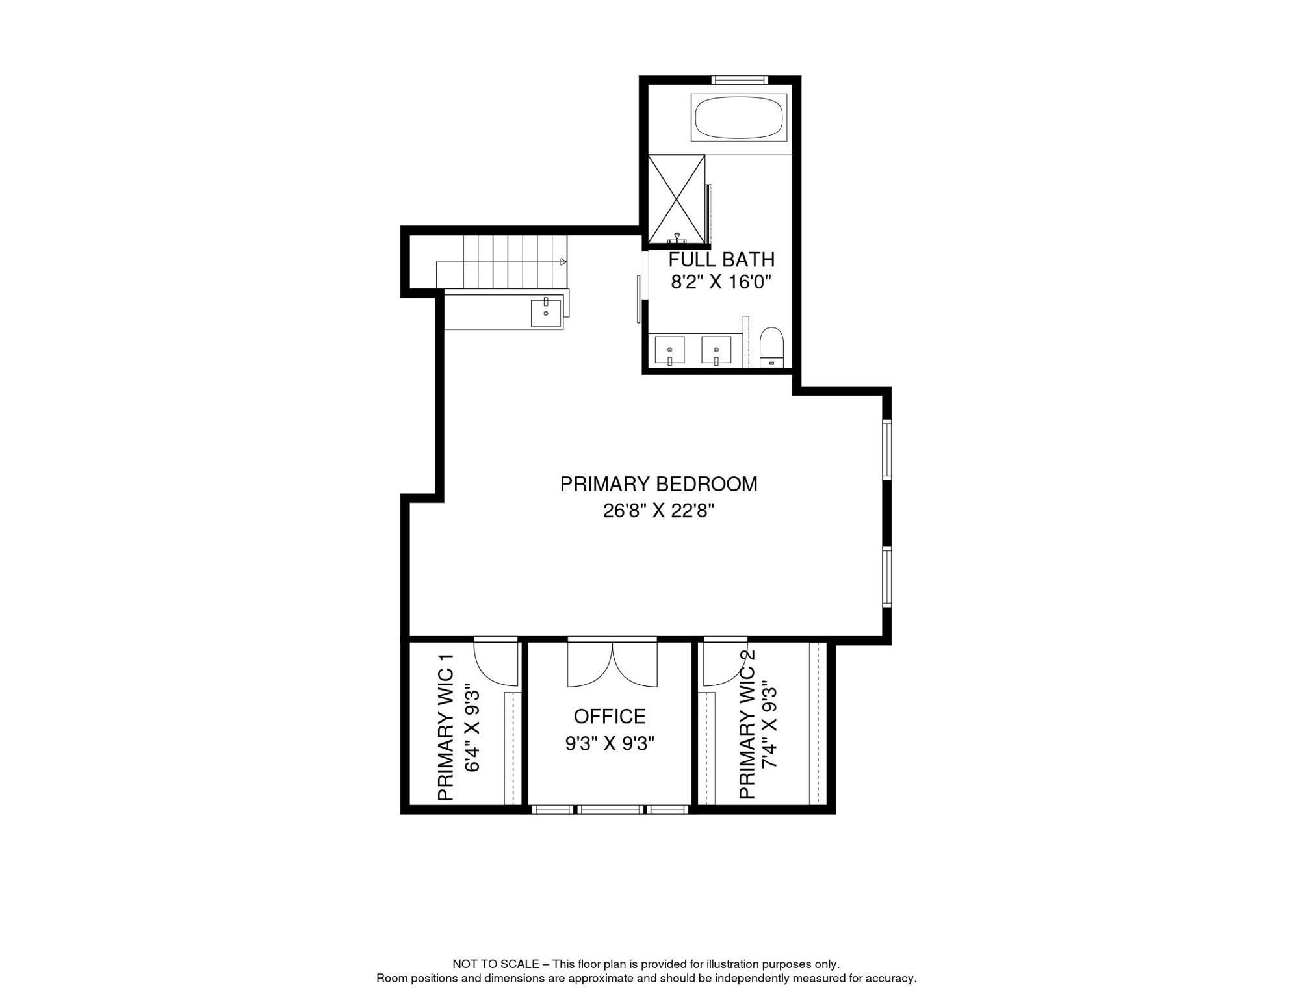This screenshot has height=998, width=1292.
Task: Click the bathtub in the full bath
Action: (x=739, y=118)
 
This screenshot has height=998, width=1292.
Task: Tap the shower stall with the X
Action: (x=677, y=199)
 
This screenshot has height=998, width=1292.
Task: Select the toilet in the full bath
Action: (x=771, y=348)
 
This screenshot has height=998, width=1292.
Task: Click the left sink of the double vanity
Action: (x=669, y=350)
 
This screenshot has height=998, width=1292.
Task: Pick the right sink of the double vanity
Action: (x=716, y=350)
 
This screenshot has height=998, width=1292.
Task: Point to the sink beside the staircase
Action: (x=546, y=313)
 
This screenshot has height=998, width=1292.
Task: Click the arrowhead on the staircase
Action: (x=563, y=262)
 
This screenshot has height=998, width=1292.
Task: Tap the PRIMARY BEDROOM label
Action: (x=658, y=484)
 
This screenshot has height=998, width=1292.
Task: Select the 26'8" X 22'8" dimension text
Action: (x=658, y=511)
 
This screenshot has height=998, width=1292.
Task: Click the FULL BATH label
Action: (x=721, y=260)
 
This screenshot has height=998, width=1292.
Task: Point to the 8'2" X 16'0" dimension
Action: (x=721, y=282)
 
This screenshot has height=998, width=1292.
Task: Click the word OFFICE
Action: (x=610, y=716)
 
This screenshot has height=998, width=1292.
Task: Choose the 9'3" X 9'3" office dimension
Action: (x=610, y=743)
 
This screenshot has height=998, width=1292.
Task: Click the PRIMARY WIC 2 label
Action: (x=747, y=724)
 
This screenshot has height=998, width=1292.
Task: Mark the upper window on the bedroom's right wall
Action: (x=886, y=450)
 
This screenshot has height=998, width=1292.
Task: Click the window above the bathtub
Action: (x=740, y=80)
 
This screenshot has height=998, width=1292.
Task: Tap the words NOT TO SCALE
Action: (x=496, y=964)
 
